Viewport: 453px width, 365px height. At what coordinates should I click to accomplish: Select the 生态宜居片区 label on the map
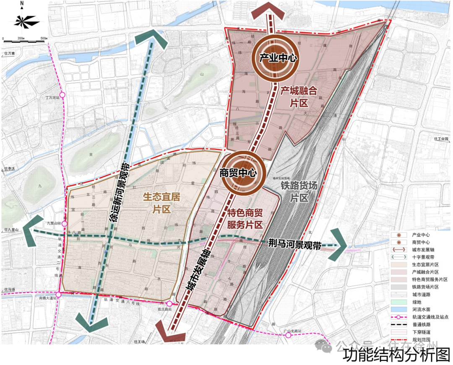161,203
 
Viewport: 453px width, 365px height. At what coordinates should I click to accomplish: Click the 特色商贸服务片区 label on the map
245,218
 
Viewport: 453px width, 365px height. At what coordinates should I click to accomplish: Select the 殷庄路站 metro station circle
169,304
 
